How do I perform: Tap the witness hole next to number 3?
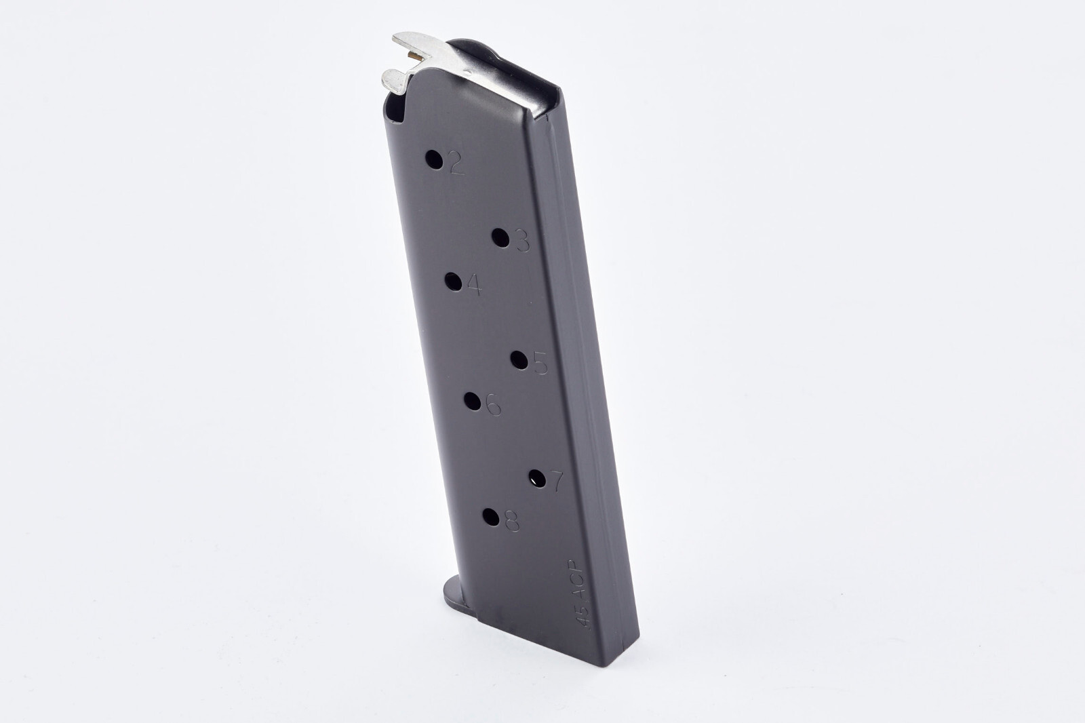tap(500, 237)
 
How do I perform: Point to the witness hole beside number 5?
tap(519, 359)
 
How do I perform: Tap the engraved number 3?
tap(522, 241)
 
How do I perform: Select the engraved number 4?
tap(474, 286)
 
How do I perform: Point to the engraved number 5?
tap(540, 364)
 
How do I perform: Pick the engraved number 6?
tap(493, 406)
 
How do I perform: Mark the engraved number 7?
tap(556, 482)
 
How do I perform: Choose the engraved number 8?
tap(511, 521)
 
